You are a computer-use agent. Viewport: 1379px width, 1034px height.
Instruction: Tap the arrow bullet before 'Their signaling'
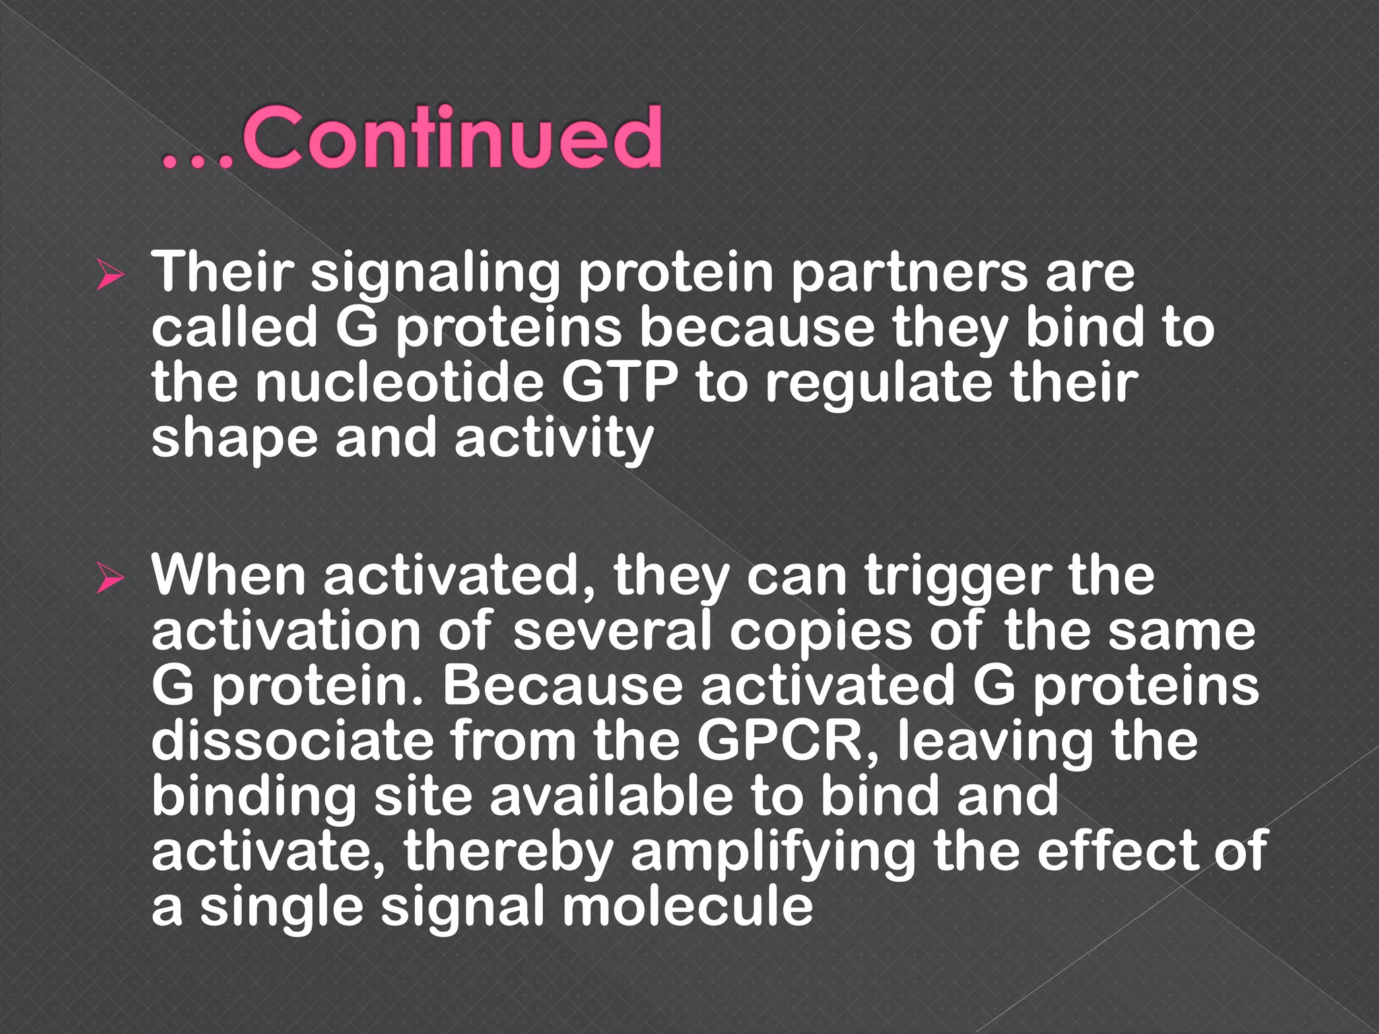(x=109, y=276)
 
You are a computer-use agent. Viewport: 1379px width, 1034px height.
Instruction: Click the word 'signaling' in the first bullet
(x=435, y=275)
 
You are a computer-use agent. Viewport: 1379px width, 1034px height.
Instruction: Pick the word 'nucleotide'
(x=399, y=384)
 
